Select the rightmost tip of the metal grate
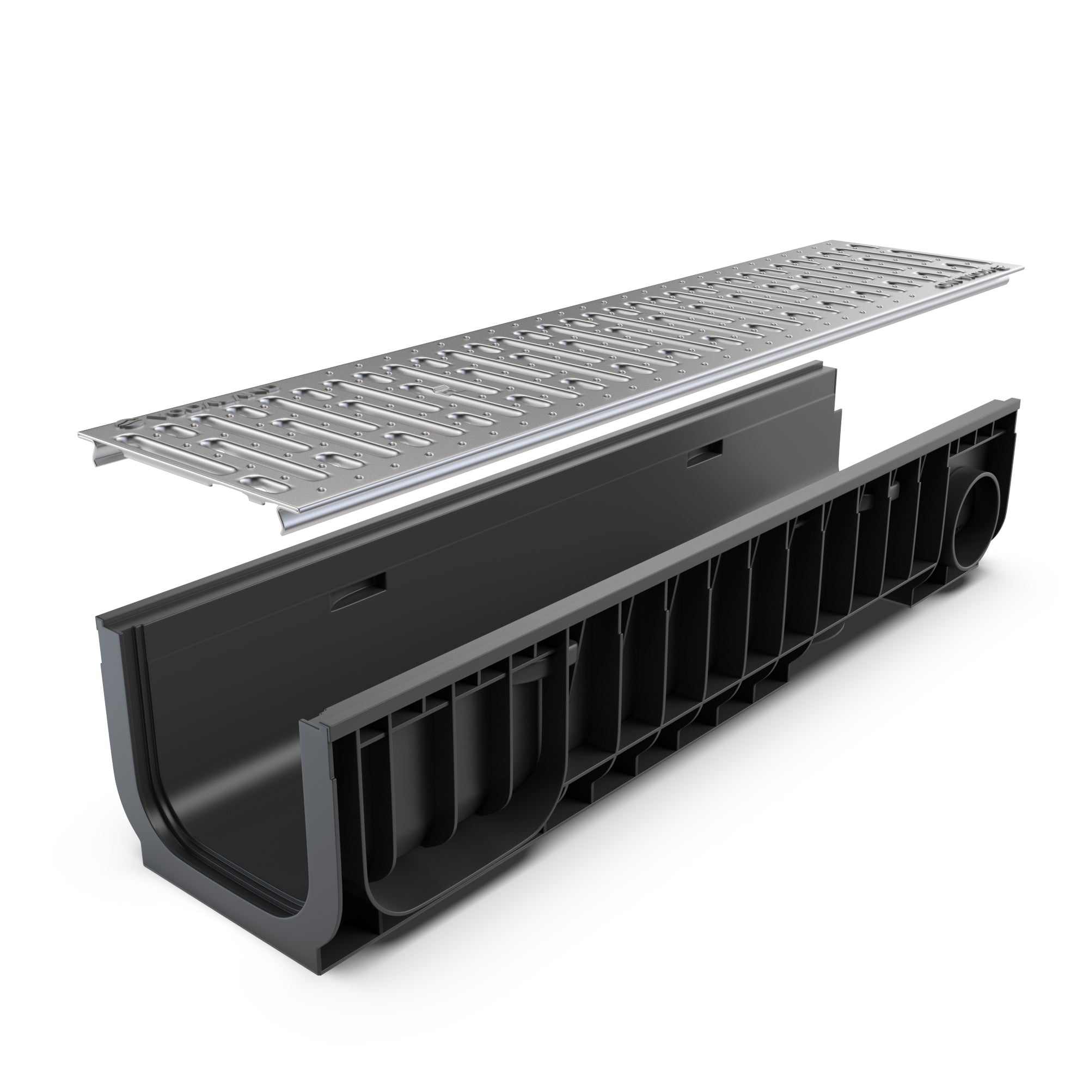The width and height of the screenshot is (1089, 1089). point(1024,265)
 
